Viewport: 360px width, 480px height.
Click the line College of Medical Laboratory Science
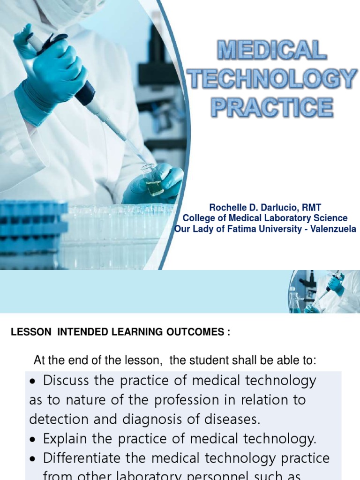click(x=265, y=218)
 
